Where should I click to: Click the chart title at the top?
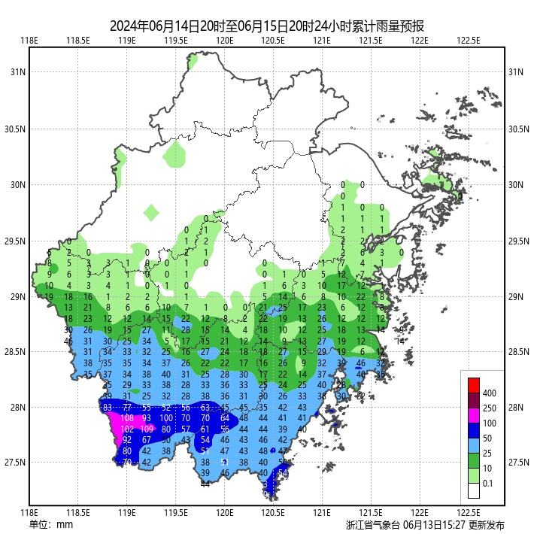pos(267,25)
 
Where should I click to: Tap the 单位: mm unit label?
pos(51,524)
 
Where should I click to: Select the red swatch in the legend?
pos(473,385)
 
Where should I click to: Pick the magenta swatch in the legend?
pos(473,415)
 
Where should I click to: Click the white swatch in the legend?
pos(473,490)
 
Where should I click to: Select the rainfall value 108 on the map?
pos(127,417)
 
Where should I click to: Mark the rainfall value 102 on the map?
pos(127,429)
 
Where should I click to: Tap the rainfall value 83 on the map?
pos(108,407)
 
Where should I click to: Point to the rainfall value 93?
pos(147,417)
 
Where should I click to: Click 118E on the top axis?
pos(29,41)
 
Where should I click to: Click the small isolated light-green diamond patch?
pos(151,212)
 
